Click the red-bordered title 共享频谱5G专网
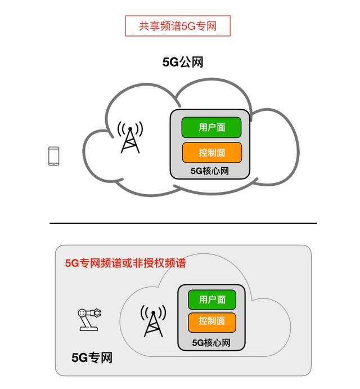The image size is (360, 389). click(178, 26)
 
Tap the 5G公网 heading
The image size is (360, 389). click(183, 62)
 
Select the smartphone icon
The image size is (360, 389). click(54, 156)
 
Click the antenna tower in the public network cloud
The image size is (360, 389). click(130, 137)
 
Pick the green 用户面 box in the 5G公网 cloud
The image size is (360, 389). click(211, 128)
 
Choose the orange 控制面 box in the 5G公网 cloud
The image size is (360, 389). click(211, 153)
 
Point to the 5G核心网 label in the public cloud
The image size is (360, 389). click(209, 171)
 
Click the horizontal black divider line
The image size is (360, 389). click(183, 223)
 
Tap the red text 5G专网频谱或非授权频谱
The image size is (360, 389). click(125, 263)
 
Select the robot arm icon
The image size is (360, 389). click(89, 319)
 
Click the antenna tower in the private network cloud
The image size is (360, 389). click(153, 321)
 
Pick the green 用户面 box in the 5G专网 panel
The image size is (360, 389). click(212, 299)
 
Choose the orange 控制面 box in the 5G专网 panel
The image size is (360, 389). click(211, 322)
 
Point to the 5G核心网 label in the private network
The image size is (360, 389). click(211, 343)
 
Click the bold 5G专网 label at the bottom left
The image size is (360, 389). click(92, 357)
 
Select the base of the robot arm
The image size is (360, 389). click(89, 329)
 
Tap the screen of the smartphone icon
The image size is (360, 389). click(54, 156)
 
